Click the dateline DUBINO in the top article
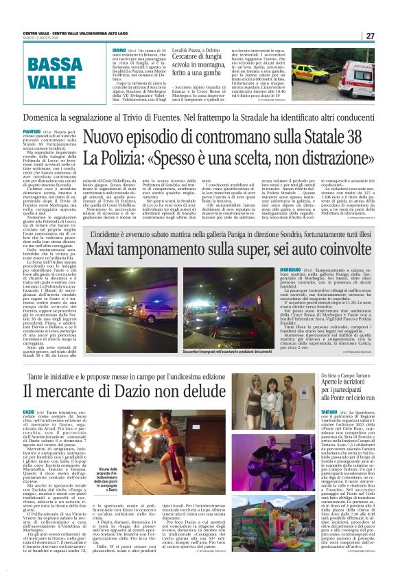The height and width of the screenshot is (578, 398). [x=118, y=51]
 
